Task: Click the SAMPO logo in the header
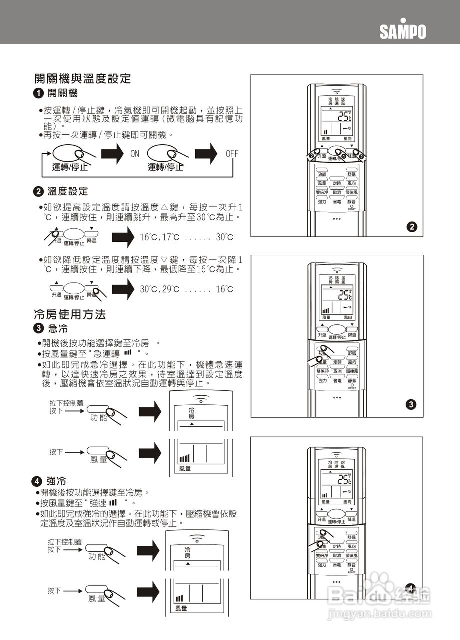click(402, 31)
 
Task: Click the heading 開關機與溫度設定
click(82, 78)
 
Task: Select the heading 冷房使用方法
click(70, 314)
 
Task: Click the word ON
click(135, 154)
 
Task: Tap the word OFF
click(232, 154)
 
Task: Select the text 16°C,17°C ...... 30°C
click(186, 237)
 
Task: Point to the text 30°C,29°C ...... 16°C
click(186, 290)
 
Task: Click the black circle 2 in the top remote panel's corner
click(411, 227)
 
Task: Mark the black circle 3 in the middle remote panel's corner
click(411, 405)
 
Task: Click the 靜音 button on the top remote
click(352, 201)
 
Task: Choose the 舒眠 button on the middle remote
click(352, 352)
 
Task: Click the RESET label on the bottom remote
click(352, 572)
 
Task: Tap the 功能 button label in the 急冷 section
click(99, 417)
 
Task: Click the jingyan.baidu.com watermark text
click(378, 613)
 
